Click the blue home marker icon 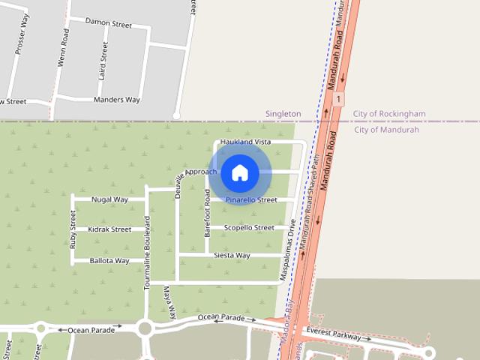click(239, 172)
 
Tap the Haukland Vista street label click(245, 142)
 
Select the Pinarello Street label click(251, 200)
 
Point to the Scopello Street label click(249, 228)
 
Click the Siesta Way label click(232, 256)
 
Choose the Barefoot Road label click(208, 214)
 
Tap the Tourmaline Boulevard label click(148, 253)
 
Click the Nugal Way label click(109, 200)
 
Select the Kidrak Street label click(109, 229)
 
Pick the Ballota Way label click(109, 261)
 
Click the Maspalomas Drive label click(288, 250)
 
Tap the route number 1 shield click(340, 98)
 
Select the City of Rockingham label click(388, 114)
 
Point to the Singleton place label click(283, 114)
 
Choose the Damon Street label click(109, 24)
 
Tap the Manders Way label click(117, 100)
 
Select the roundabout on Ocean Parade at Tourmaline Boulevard click(145, 327)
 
